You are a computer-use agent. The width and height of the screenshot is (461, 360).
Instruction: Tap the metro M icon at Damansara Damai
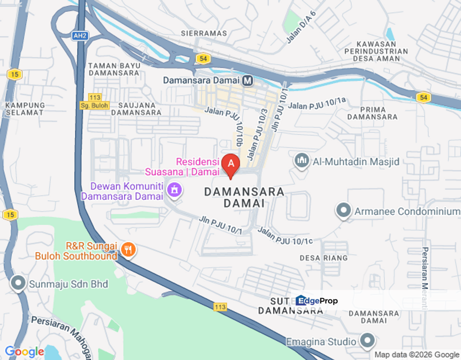[x=247, y=80]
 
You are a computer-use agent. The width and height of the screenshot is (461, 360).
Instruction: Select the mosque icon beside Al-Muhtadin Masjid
[x=301, y=161]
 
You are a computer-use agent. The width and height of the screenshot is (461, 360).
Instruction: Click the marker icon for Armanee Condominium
[x=343, y=211]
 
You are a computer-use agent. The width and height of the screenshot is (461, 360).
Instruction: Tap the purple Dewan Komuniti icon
[x=174, y=189]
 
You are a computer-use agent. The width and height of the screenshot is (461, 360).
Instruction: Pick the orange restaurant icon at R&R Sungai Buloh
[x=128, y=250]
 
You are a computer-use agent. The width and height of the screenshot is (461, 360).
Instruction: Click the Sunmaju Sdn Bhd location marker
[x=18, y=283]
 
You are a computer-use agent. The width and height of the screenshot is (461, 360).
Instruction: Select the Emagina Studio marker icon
[x=367, y=341]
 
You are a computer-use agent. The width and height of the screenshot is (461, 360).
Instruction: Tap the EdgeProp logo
[x=316, y=300]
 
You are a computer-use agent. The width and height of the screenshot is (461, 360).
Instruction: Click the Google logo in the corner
[x=24, y=352]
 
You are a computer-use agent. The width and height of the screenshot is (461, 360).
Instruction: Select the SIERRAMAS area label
[x=204, y=33]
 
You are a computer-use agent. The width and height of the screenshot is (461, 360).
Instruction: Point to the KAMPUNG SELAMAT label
[x=25, y=108]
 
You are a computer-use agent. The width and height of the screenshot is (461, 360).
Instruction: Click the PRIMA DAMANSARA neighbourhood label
[x=372, y=113]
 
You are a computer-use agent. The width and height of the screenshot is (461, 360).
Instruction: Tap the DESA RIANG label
[x=323, y=258]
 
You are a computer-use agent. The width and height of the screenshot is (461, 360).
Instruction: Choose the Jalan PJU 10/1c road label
[x=285, y=235]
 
